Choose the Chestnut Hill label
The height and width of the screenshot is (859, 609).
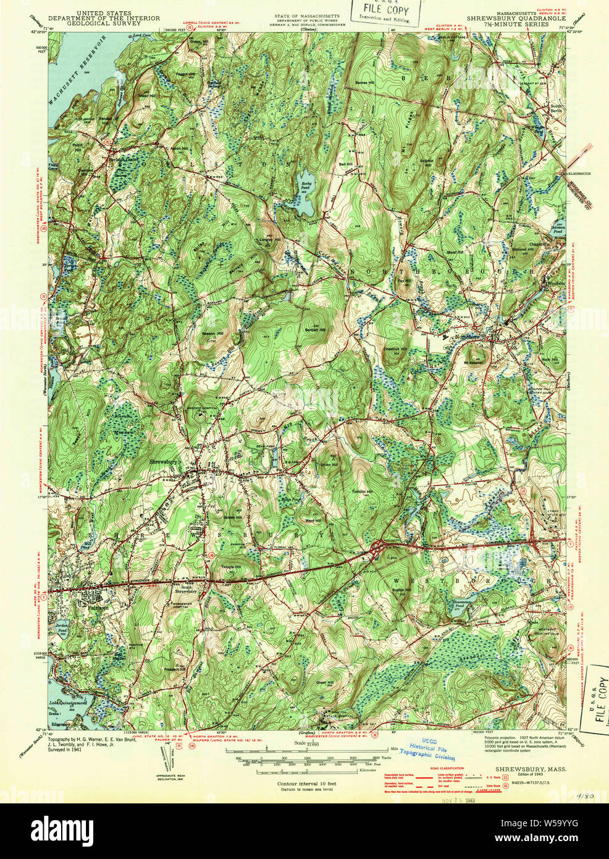pos(395,349)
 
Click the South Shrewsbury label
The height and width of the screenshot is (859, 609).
pos(188,589)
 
